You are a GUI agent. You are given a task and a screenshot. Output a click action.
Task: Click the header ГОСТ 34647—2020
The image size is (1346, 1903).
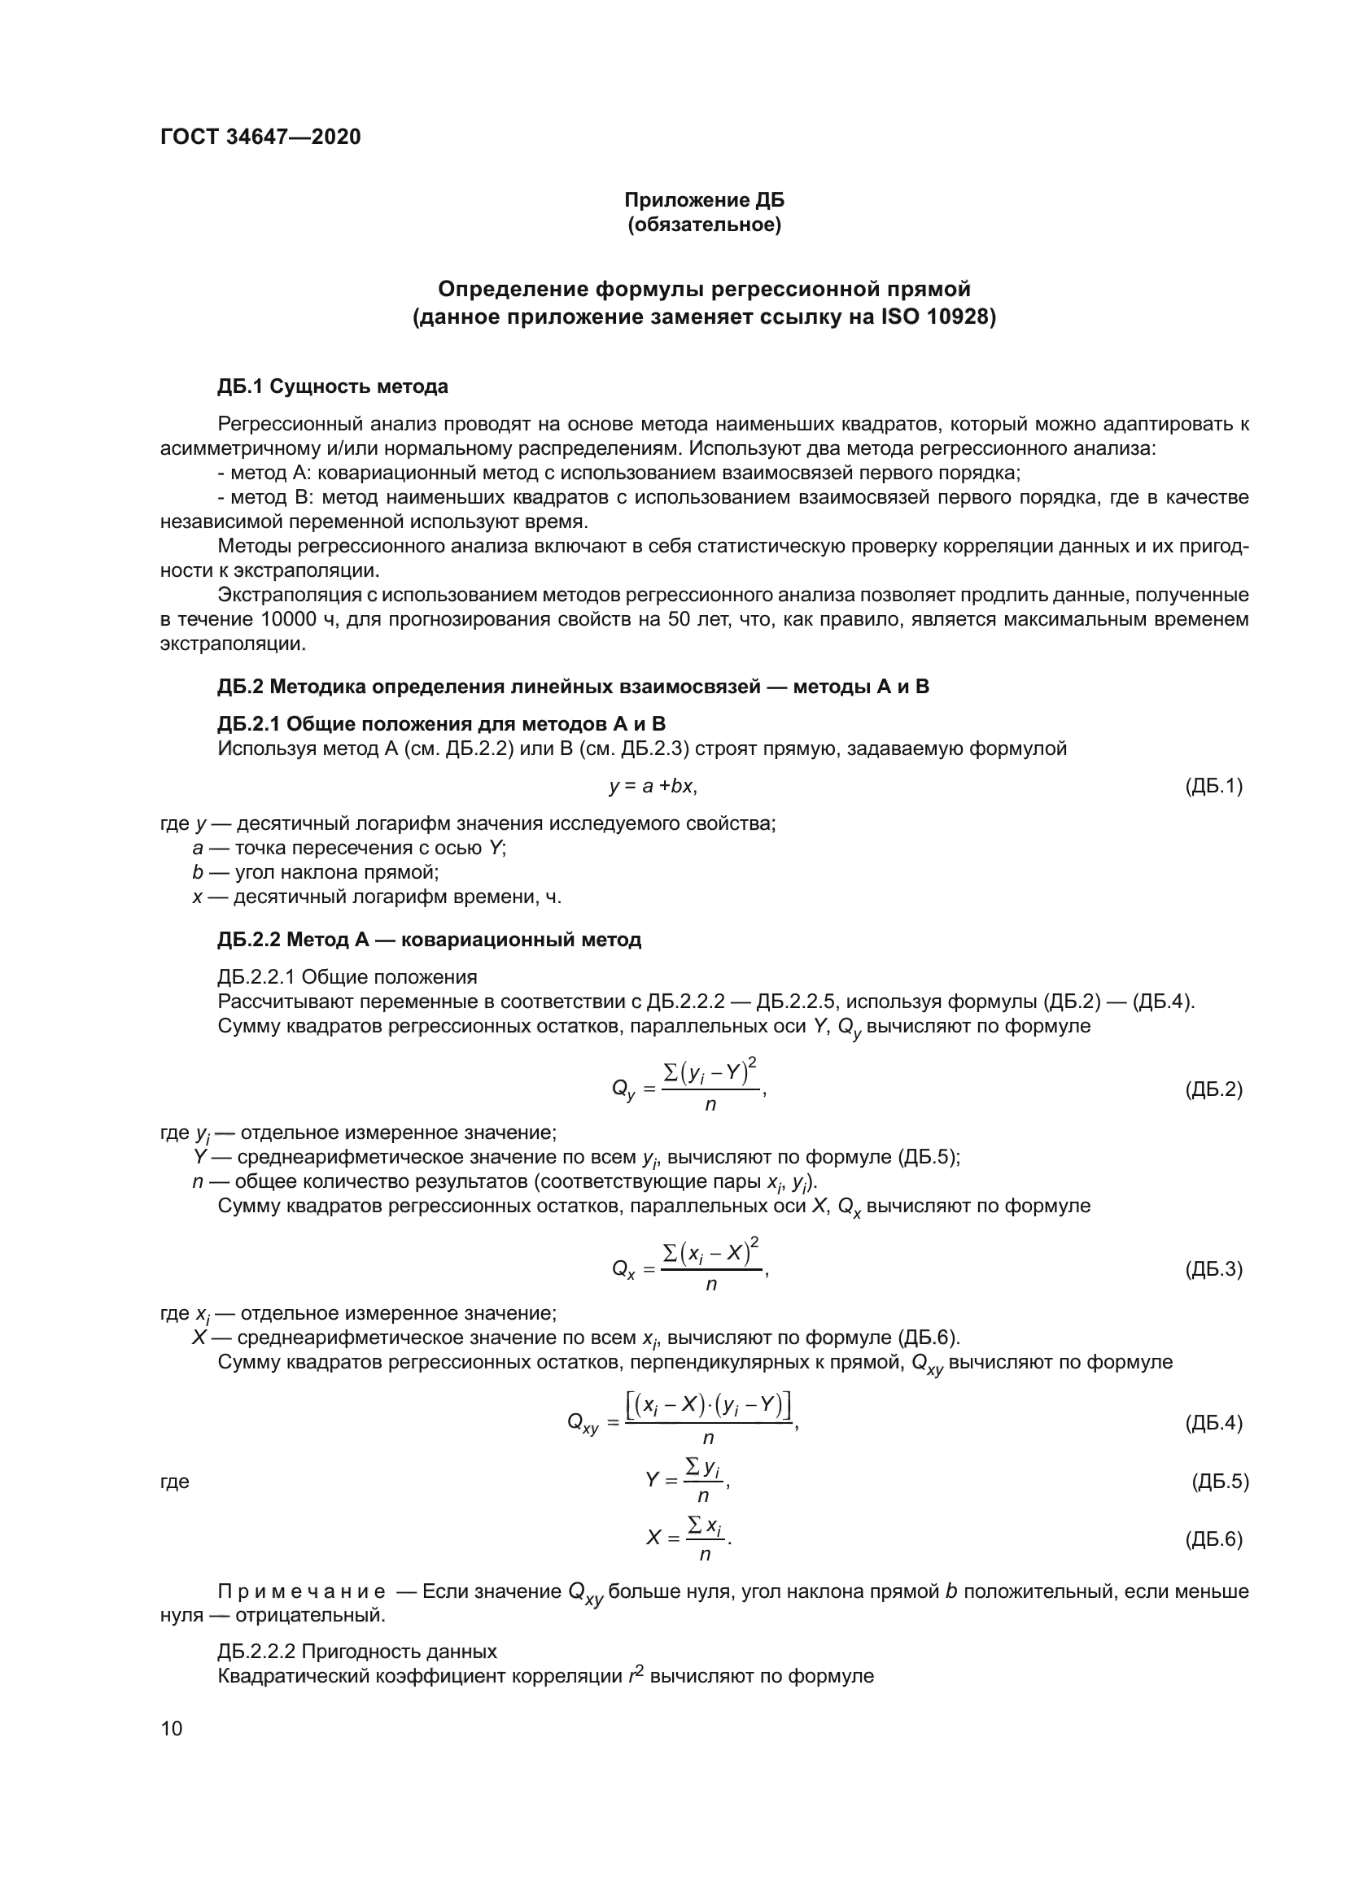click(x=260, y=137)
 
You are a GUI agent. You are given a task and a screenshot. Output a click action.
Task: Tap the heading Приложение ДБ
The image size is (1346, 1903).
click(x=704, y=200)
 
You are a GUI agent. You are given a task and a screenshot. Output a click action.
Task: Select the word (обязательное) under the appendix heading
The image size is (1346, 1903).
click(x=704, y=225)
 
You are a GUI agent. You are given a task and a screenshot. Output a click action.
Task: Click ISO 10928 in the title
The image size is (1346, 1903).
click(x=935, y=316)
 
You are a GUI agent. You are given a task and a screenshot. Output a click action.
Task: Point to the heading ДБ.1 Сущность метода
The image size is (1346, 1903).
click(x=332, y=386)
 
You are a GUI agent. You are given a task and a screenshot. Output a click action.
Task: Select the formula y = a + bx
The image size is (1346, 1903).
click(x=653, y=786)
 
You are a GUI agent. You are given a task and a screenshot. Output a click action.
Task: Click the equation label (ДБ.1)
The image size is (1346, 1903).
click(x=1213, y=786)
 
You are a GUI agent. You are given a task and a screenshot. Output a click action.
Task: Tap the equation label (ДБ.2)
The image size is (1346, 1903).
click(x=1213, y=1089)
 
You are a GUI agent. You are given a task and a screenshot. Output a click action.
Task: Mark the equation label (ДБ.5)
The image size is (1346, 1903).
click(x=1219, y=1481)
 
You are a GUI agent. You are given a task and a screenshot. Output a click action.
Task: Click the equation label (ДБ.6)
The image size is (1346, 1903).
click(x=1213, y=1539)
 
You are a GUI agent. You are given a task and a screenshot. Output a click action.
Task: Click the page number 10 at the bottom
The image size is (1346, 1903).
click(x=172, y=1728)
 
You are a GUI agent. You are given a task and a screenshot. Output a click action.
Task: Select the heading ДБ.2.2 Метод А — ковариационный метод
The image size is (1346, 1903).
click(x=430, y=939)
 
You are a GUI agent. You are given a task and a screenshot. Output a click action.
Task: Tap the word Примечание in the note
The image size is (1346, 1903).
click(x=302, y=1591)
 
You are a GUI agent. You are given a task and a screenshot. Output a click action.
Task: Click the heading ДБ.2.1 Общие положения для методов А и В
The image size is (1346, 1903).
click(x=442, y=723)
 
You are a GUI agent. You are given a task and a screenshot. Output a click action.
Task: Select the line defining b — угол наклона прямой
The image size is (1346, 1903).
click(x=315, y=872)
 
